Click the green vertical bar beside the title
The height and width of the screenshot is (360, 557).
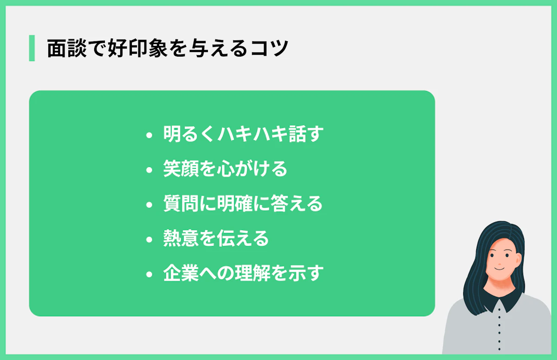pos(32,48)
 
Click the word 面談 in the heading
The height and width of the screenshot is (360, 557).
pos(67,48)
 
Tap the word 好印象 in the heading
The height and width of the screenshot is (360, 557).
pos(137,48)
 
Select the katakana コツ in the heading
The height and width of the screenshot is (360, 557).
pos(269,48)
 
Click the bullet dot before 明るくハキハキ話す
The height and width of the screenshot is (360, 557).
pos(149,135)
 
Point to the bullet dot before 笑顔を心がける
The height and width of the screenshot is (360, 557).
pos(149,170)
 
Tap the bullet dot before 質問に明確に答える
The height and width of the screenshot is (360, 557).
pos(149,205)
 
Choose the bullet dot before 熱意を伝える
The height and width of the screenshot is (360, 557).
pos(149,240)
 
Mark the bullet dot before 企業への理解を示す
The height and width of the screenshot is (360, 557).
pos(149,275)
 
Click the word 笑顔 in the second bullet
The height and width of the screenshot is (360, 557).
pos(181,168)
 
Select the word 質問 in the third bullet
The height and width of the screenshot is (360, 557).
pos(181,203)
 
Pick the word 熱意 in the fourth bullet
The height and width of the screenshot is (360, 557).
pos(181,238)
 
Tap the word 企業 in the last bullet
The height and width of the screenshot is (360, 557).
pos(181,273)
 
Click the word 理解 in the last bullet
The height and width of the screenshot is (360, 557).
pos(253,273)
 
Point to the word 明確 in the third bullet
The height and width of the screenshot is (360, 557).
pos(235,203)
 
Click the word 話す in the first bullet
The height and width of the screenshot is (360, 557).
pos(306,134)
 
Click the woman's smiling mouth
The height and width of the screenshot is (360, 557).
pos(499,269)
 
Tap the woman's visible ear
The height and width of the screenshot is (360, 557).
pos(518,260)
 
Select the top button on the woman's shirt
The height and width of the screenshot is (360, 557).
pos(499,310)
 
